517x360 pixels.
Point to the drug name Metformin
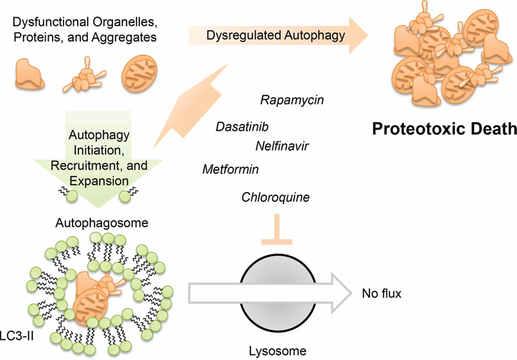(230, 170)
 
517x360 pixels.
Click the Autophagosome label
(101, 221)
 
